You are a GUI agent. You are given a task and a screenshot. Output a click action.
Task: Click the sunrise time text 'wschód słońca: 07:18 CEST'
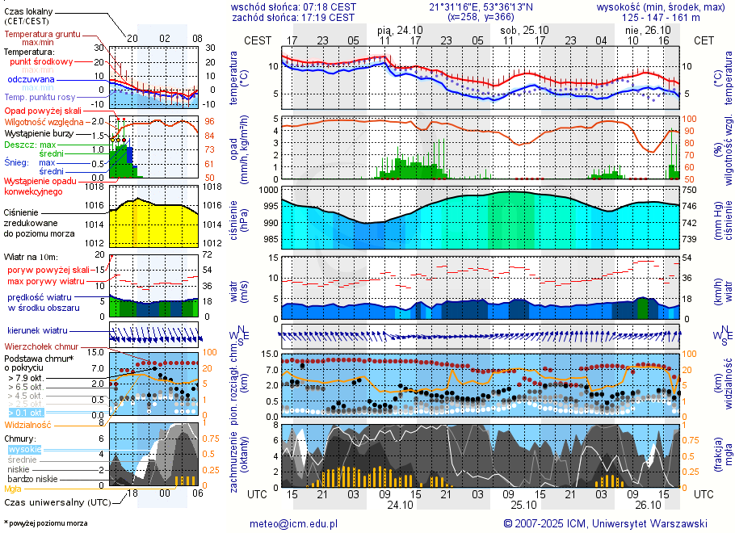tap(293, 6)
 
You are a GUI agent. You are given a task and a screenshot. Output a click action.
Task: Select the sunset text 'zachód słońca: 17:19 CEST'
tap(293, 17)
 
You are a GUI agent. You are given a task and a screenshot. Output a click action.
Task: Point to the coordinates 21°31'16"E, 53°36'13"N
tap(480, 6)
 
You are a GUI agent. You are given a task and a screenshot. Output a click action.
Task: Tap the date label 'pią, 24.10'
tap(401, 30)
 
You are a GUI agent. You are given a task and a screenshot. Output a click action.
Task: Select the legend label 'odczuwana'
tap(31, 80)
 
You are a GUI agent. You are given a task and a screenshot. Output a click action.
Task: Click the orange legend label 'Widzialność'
tap(28, 424)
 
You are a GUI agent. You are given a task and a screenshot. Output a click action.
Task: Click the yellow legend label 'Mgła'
tap(13, 489)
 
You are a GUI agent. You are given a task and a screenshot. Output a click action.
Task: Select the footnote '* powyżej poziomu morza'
tap(45, 523)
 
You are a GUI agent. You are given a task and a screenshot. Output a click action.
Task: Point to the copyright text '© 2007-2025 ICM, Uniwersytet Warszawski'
tap(606, 523)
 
